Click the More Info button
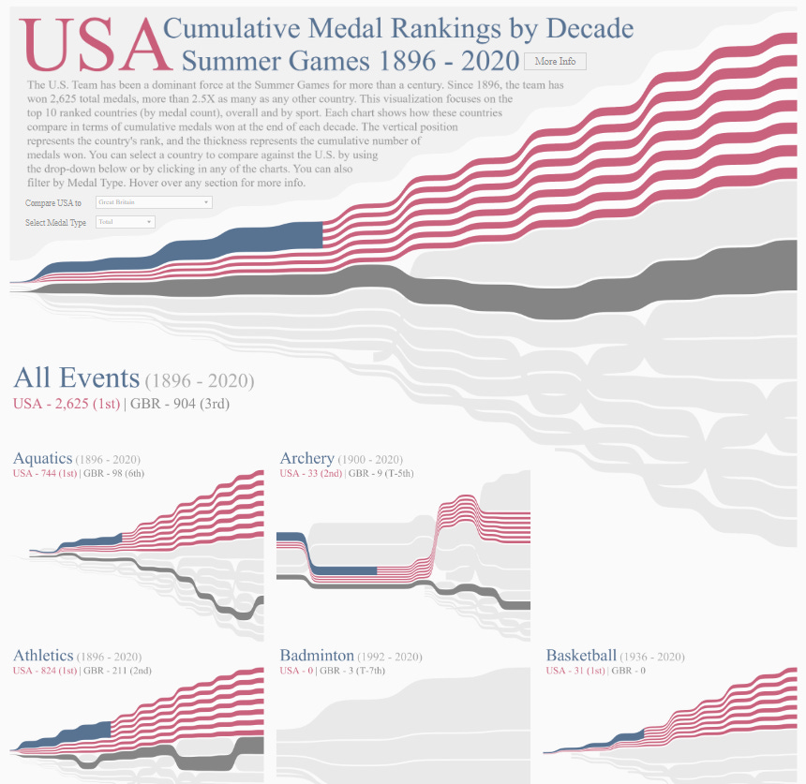point(555,62)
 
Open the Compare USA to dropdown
point(154,202)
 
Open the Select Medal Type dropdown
point(126,222)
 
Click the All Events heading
point(76,378)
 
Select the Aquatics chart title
point(43,459)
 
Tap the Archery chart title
point(307,459)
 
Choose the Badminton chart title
point(317,657)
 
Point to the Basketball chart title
point(582,657)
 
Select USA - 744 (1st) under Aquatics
point(45,474)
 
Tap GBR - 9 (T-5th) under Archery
point(381,474)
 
